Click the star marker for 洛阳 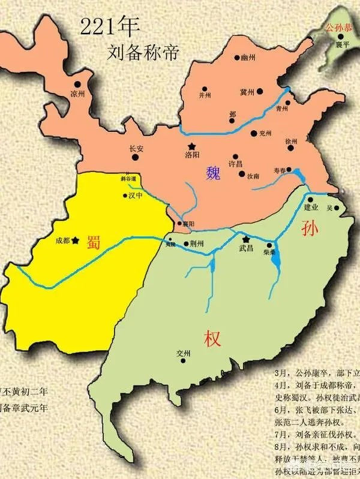[191, 146]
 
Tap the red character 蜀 [94, 242]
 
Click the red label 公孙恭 [338, 28]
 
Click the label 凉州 [78, 94]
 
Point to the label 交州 [183, 354]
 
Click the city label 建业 [311, 207]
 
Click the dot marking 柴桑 [269, 245]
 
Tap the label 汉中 [136, 195]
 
